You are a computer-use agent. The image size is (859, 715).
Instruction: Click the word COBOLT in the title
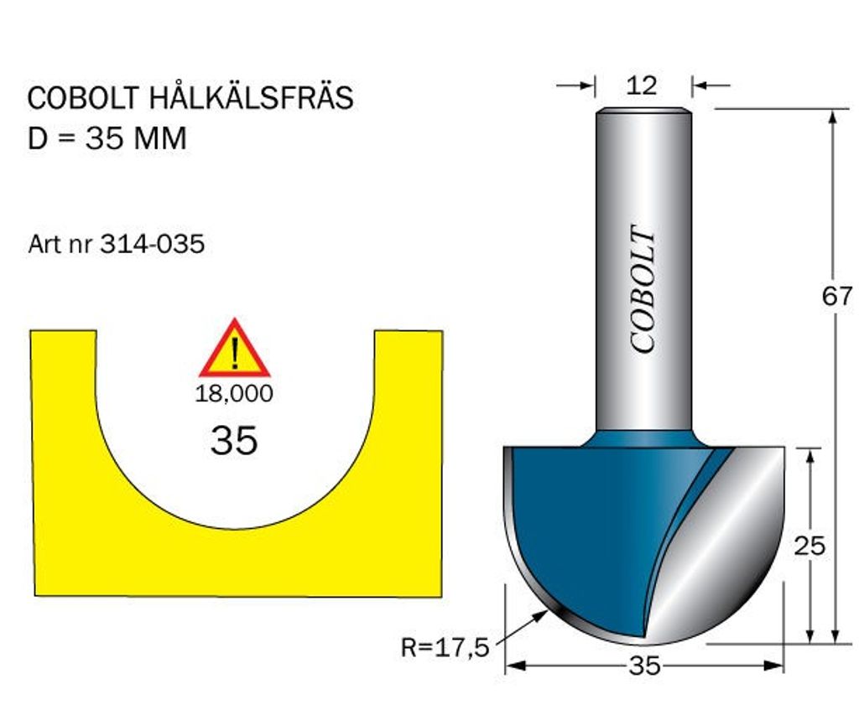point(83,98)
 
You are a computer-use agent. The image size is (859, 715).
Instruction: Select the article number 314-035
point(153,244)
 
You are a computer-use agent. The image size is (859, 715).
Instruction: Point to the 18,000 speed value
point(234,394)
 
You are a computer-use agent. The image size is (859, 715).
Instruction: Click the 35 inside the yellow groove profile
point(234,439)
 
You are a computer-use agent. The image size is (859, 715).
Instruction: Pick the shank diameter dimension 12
point(642,85)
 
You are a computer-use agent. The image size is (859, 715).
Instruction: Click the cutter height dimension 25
point(810,546)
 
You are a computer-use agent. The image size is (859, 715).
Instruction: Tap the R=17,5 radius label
point(445,647)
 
